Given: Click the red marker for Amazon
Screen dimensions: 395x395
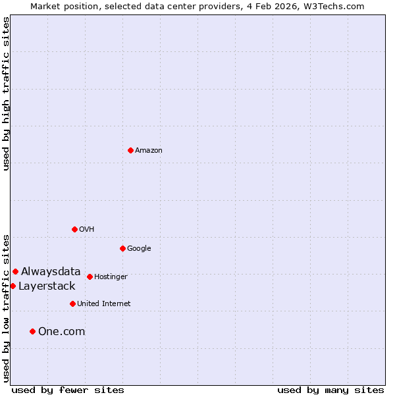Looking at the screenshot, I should coord(130,150).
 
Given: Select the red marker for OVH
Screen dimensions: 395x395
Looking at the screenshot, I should coord(74,229).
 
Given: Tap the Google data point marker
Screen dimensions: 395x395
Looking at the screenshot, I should coord(122,248).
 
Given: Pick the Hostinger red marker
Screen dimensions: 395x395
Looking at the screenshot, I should coord(90,276).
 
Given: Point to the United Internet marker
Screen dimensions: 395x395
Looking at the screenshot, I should coord(72,303).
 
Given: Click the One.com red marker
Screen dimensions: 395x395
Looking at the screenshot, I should coord(32,331).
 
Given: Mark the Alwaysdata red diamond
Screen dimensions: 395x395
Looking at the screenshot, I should coord(15,271).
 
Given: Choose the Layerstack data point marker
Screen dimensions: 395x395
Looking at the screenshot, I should coord(13,286).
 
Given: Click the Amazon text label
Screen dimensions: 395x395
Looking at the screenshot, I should coord(149,151).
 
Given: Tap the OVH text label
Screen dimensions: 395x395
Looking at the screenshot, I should coord(87,230).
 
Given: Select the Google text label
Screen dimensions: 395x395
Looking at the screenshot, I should coord(139,249).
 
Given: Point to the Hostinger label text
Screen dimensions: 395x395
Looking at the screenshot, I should coord(111,277).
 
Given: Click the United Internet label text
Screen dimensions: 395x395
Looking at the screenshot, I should coord(104,304).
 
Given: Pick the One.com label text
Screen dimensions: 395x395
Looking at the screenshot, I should coord(62,332).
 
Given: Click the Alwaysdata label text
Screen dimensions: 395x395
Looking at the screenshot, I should coord(51,271).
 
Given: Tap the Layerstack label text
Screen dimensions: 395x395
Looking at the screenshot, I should coord(47,286).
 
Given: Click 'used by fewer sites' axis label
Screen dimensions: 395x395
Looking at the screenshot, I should coord(68,390).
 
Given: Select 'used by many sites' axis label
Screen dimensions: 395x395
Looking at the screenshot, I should coord(330,390).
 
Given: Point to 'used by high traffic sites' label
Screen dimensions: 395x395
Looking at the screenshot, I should coord(6,93).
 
